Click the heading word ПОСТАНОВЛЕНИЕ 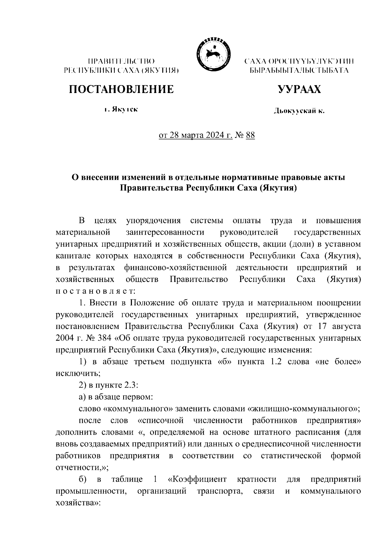click(121, 89)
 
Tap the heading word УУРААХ click(299, 89)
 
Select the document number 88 click(250, 135)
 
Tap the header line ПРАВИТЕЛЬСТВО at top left click(121, 61)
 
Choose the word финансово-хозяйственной click(175, 268)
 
